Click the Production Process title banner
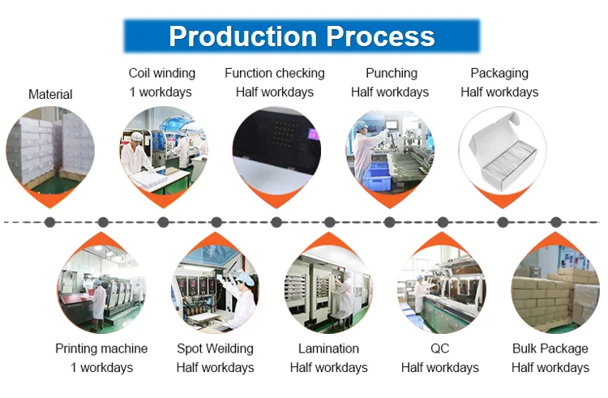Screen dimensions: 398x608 click(x=302, y=36)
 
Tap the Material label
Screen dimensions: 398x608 click(x=50, y=95)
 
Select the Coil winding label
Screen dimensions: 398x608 click(x=162, y=73)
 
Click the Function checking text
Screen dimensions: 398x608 click(x=275, y=73)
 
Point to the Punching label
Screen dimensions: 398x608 click(x=392, y=73)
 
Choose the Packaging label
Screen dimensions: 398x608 click(x=499, y=73)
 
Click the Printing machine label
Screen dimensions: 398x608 click(x=101, y=349)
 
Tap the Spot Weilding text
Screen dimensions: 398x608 click(x=215, y=349)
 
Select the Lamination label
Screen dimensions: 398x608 click(x=328, y=349)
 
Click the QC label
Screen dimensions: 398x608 click(x=439, y=349)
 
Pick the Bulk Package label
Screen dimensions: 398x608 click(x=550, y=349)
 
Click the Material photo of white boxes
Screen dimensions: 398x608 click(x=50, y=150)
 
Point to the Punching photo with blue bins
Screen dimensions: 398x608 click(x=390, y=150)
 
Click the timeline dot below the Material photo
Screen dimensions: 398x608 click(x=50, y=222)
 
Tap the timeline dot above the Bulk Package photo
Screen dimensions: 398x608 click(x=556, y=222)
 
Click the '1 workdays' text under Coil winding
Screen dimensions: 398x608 click(x=161, y=92)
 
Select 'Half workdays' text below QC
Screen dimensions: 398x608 click(x=439, y=368)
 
